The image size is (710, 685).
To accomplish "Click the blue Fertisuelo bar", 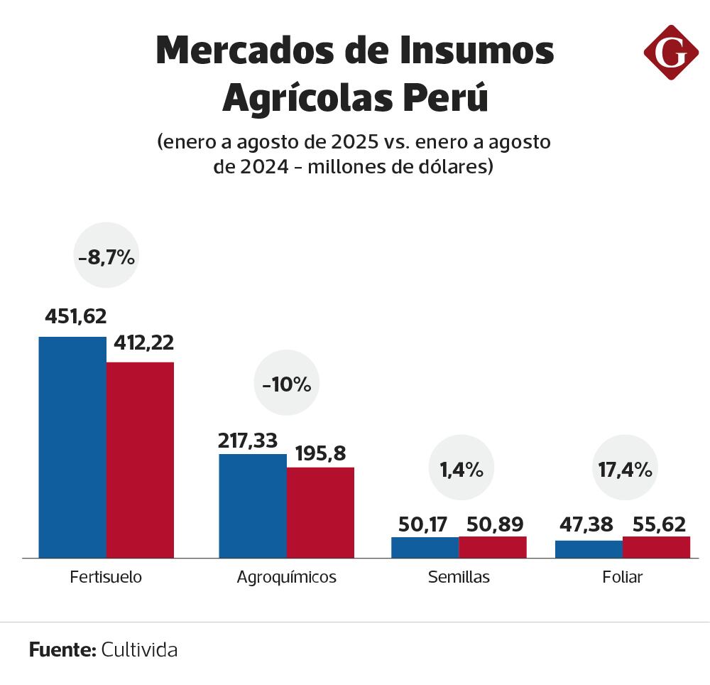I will tap(72, 447).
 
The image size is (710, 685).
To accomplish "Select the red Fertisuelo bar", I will tap(140, 460).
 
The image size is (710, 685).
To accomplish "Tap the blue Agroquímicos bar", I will tap(253, 505).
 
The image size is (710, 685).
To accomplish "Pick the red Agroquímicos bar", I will tap(320, 512).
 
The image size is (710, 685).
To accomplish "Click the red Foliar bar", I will tap(656, 547).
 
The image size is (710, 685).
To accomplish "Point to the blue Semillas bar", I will tap(425, 547).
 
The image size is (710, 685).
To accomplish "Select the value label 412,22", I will tap(143, 342).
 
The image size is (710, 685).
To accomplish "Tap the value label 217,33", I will tap(248, 441).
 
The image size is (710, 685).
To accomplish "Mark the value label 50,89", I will tap(495, 524).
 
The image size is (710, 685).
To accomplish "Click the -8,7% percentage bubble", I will tap(106, 257).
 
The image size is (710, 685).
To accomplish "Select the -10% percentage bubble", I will tap(287, 384).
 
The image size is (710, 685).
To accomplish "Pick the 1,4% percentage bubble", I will tap(461, 469).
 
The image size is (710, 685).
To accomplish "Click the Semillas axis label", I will tap(459, 577).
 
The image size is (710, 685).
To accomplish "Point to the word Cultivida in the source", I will tap(139, 649).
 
